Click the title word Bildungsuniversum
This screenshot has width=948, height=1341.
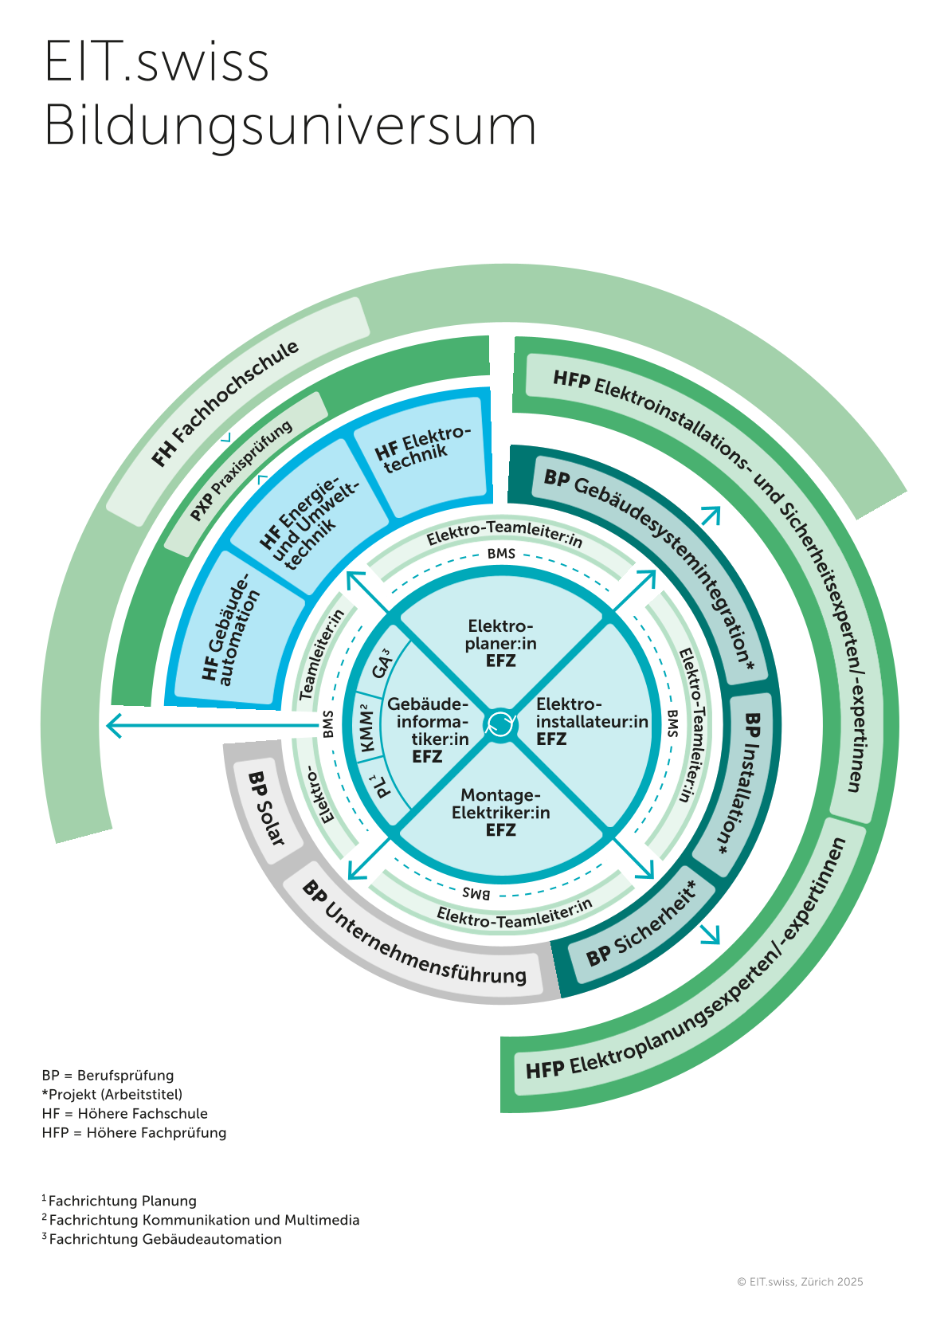[x=290, y=125]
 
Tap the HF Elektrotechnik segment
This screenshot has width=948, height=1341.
[x=422, y=451]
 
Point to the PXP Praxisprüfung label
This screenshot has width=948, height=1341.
[x=241, y=472]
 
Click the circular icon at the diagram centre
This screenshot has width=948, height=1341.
[x=500, y=723]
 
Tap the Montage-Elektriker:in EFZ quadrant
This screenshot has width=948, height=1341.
[x=500, y=813]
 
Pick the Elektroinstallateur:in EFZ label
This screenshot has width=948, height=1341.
[x=591, y=722]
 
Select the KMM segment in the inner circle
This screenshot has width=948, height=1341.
[x=367, y=727]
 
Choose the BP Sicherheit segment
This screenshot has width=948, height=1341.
[x=641, y=924]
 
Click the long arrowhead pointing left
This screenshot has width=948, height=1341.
[x=115, y=725]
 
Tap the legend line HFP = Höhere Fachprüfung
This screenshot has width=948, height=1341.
[x=134, y=1132]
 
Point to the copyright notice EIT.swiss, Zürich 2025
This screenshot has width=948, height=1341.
[x=800, y=1282]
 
